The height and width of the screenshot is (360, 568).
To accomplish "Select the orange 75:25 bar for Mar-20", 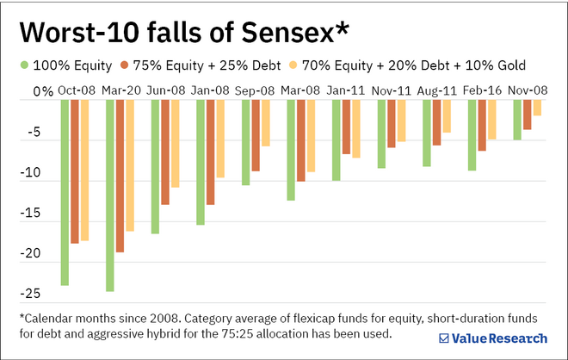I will [120, 176].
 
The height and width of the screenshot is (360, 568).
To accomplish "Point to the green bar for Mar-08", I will [291, 150].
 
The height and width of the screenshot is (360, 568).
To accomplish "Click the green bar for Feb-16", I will [472, 134].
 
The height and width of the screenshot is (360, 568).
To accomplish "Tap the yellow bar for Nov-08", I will [537, 108].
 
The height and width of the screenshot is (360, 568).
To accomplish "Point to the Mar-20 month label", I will [120, 90].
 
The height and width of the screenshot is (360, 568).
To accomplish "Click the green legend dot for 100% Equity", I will [23, 64].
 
